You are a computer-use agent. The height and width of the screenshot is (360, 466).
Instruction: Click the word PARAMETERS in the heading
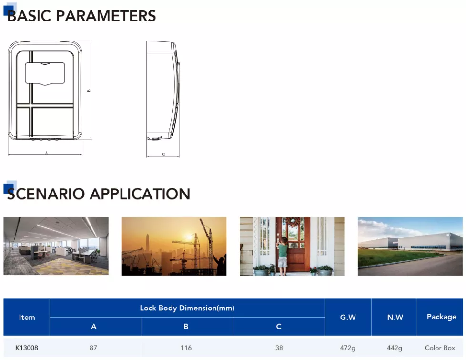point(106,16)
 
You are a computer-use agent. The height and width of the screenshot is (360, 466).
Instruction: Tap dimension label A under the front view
point(46,153)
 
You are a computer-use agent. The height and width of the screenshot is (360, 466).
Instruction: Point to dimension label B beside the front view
point(89,91)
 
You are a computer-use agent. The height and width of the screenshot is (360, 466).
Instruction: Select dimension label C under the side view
point(163,154)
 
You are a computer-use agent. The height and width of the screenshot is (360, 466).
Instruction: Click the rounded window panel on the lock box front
point(45,73)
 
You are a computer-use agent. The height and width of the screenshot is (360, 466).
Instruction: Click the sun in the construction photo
point(189,237)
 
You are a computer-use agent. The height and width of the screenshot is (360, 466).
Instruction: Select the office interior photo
point(56,246)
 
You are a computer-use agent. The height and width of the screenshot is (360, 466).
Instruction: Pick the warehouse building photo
point(410,247)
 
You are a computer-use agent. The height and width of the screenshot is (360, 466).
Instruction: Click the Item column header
point(27,318)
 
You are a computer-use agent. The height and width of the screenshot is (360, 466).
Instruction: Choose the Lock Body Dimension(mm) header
point(187,308)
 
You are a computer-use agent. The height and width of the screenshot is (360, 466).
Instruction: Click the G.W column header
point(348,317)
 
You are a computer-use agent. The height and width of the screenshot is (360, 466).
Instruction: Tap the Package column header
point(441,317)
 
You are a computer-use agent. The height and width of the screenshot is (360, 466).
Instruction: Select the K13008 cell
point(27,348)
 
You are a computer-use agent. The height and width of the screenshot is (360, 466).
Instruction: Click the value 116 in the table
point(186,348)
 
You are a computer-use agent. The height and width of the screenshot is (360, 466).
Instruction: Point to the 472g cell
point(348,348)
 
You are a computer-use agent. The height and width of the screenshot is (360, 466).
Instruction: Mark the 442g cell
point(395,348)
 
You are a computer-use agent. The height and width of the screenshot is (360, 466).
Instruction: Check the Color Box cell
point(440,348)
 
